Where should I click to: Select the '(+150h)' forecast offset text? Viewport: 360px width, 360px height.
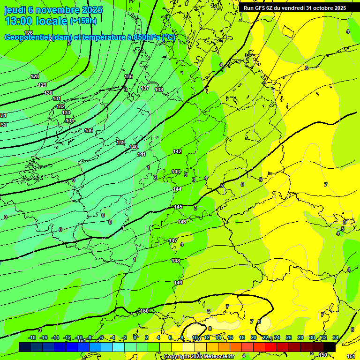[x=83, y=21]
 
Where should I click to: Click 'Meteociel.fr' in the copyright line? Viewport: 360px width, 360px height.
[x=219, y=357]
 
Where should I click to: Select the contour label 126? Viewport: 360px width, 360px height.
[x=29, y=33]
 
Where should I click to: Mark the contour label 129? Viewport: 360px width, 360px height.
[x=42, y=85]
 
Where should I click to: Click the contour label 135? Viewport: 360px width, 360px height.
[x=128, y=76]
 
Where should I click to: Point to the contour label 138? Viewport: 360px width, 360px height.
[x=159, y=90]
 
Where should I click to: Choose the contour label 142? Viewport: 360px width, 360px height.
[x=177, y=151]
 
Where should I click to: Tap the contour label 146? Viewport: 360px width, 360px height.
[x=182, y=222]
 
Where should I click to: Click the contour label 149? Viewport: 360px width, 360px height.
[x=178, y=283]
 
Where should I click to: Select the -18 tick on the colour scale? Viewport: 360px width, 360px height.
[x=32, y=337]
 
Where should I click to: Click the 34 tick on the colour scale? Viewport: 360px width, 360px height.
[x=336, y=337]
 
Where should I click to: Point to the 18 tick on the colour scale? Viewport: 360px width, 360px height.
[x=242, y=337]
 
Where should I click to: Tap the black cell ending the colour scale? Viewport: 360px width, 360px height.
[x=330, y=347]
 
